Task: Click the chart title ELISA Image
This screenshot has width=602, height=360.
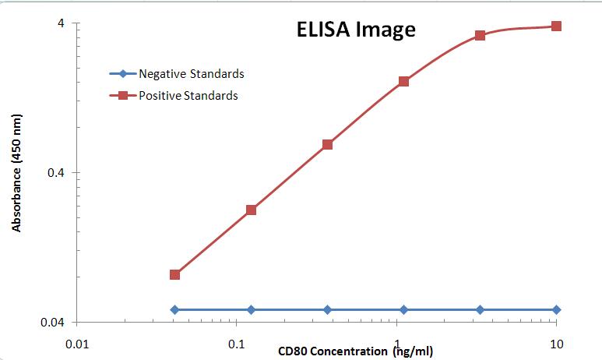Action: click(x=355, y=30)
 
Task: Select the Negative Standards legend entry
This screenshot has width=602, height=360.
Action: click(x=191, y=74)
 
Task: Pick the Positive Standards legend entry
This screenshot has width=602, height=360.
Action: click(x=188, y=96)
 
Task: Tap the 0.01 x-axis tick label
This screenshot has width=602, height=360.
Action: click(x=76, y=344)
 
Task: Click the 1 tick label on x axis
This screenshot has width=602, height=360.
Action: click(x=397, y=344)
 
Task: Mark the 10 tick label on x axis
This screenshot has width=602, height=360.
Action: click(x=556, y=344)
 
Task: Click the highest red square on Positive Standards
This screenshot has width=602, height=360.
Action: click(x=556, y=26)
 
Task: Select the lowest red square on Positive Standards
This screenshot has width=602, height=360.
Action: click(x=174, y=274)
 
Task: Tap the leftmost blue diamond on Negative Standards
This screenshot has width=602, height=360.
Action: click(x=174, y=309)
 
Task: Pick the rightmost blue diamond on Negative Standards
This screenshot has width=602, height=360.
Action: click(x=556, y=309)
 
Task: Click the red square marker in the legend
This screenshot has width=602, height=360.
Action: click(x=123, y=96)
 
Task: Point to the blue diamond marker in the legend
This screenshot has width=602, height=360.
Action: click(x=123, y=74)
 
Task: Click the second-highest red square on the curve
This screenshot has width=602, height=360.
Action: click(x=480, y=35)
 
